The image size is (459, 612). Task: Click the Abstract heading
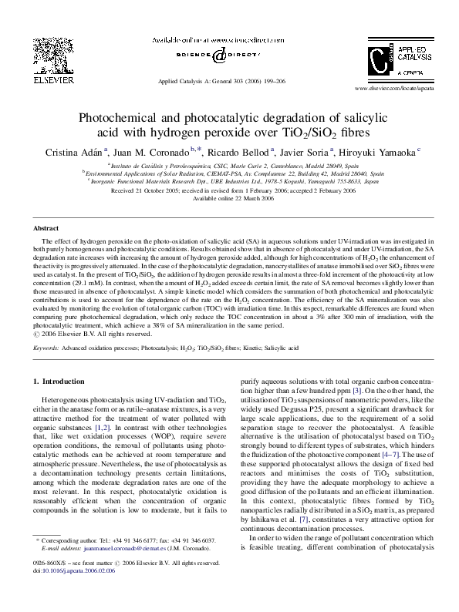pos(46,230)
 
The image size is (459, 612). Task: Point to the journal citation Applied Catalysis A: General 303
pos(204,80)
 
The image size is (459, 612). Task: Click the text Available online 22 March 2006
pos(229,198)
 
